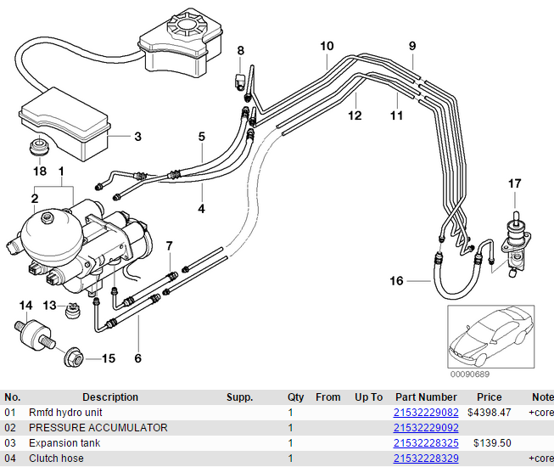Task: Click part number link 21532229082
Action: [426, 413]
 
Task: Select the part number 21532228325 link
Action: [426, 443]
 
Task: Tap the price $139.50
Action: [492, 443]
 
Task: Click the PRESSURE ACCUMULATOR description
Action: [98, 428]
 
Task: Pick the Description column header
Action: [110, 397]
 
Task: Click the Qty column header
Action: [295, 397]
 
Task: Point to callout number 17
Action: [514, 184]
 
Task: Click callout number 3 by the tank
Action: [137, 137]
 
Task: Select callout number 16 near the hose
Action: [396, 281]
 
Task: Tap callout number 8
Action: [241, 51]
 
